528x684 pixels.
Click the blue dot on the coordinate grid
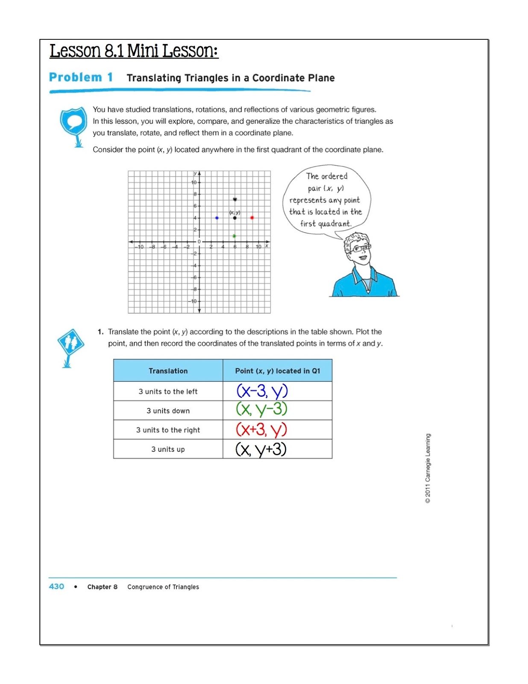point(217,218)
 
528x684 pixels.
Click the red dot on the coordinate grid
point(252,218)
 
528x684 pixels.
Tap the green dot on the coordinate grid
point(235,236)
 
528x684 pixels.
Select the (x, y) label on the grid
point(235,212)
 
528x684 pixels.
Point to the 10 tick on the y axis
point(194,183)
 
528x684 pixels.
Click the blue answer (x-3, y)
point(262,391)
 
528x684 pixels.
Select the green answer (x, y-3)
point(261,409)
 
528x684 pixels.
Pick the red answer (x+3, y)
point(261,429)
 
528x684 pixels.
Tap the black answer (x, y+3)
point(261,449)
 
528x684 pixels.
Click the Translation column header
point(168,371)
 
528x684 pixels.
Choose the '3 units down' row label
point(168,411)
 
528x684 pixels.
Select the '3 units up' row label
point(168,449)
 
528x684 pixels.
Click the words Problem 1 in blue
point(81,77)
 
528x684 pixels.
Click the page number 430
point(56,587)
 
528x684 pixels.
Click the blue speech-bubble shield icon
point(73,123)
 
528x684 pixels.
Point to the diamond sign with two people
point(70,342)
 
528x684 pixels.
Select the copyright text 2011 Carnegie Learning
point(428,468)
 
